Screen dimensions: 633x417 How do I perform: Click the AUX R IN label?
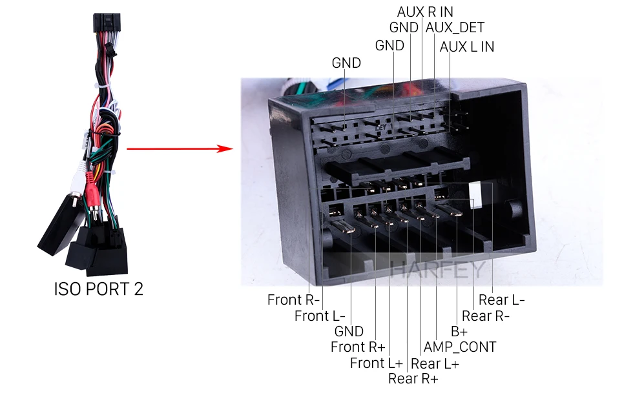pyautogui.click(x=425, y=12)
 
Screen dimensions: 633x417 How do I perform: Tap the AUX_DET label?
pyautogui.click(x=455, y=27)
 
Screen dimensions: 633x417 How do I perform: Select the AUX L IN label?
pyautogui.click(x=467, y=46)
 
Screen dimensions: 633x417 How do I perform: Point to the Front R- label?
pyautogui.click(x=293, y=300)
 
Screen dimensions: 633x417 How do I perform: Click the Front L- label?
pyautogui.click(x=320, y=316)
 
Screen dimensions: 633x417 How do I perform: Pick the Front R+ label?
pyautogui.click(x=358, y=347)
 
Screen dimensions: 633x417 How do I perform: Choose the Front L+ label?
pyautogui.click(x=377, y=363)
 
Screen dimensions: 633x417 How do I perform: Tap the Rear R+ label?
pyautogui.click(x=413, y=379)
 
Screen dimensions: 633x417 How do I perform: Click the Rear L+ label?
pyautogui.click(x=435, y=363)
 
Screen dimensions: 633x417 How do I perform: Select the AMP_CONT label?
pyautogui.click(x=460, y=347)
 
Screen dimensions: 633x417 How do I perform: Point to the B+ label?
pyautogui.click(x=459, y=332)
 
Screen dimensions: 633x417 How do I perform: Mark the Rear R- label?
pyautogui.click(x=486, y=316)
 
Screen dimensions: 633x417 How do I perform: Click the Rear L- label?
pyautogui.click(x=501, y=300)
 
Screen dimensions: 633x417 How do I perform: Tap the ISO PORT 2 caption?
pyautogui.click(x=98, y=289)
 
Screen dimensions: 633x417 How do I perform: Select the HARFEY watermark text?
pyautogui.click(x=438, y=269)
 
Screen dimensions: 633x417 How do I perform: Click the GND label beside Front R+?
pyautogui.click(x=349, y=332)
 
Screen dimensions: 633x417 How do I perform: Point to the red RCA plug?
pyautogui.click(x=92, y=192)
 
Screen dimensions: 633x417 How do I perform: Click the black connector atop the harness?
pyautogui.click(x=107, y=23)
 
